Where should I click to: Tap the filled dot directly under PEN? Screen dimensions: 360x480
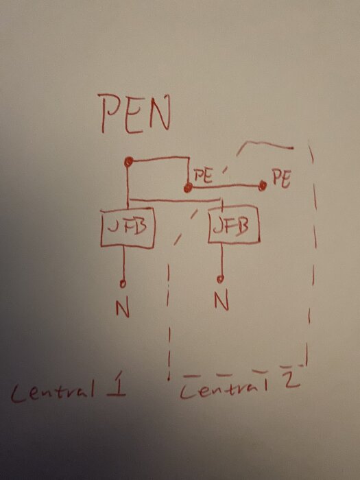pyautogui.click(x=129, y=161)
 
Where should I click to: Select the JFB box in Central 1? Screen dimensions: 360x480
pyautogui.click(x=128, y=228)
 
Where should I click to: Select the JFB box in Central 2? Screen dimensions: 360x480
pyautogui.click(x=234, y=226)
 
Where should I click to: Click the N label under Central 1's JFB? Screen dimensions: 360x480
pyautogui.click(x=123, y=309)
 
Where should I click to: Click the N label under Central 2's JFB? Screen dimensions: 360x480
pyautogui.click(x=221, y=301)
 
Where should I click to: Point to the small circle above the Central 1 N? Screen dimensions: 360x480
pyautogui.click(x=123, y=284)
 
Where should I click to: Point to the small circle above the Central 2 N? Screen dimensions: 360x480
pyautogui.click(x=220, y=279)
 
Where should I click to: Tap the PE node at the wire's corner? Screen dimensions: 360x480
pyautogui.click(x=188, y=188)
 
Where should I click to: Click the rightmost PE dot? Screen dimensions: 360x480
pyautogui.click(x=263, y=185)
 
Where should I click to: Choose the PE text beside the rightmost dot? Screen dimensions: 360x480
pyautogui.click(x=281, y=178)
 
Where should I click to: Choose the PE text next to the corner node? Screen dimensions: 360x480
pyautogui.click(x=203, y=176)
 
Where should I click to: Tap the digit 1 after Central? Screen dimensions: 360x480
pyautogui.click(x=117, y=385)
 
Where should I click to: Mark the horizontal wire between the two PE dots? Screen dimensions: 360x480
pyautogui.click(x=226, y=186)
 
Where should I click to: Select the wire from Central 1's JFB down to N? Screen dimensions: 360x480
pyautogui.click(x=123, y=264)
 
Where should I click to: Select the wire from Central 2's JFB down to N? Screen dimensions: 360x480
pyautogui.click(x=221, y=260)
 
